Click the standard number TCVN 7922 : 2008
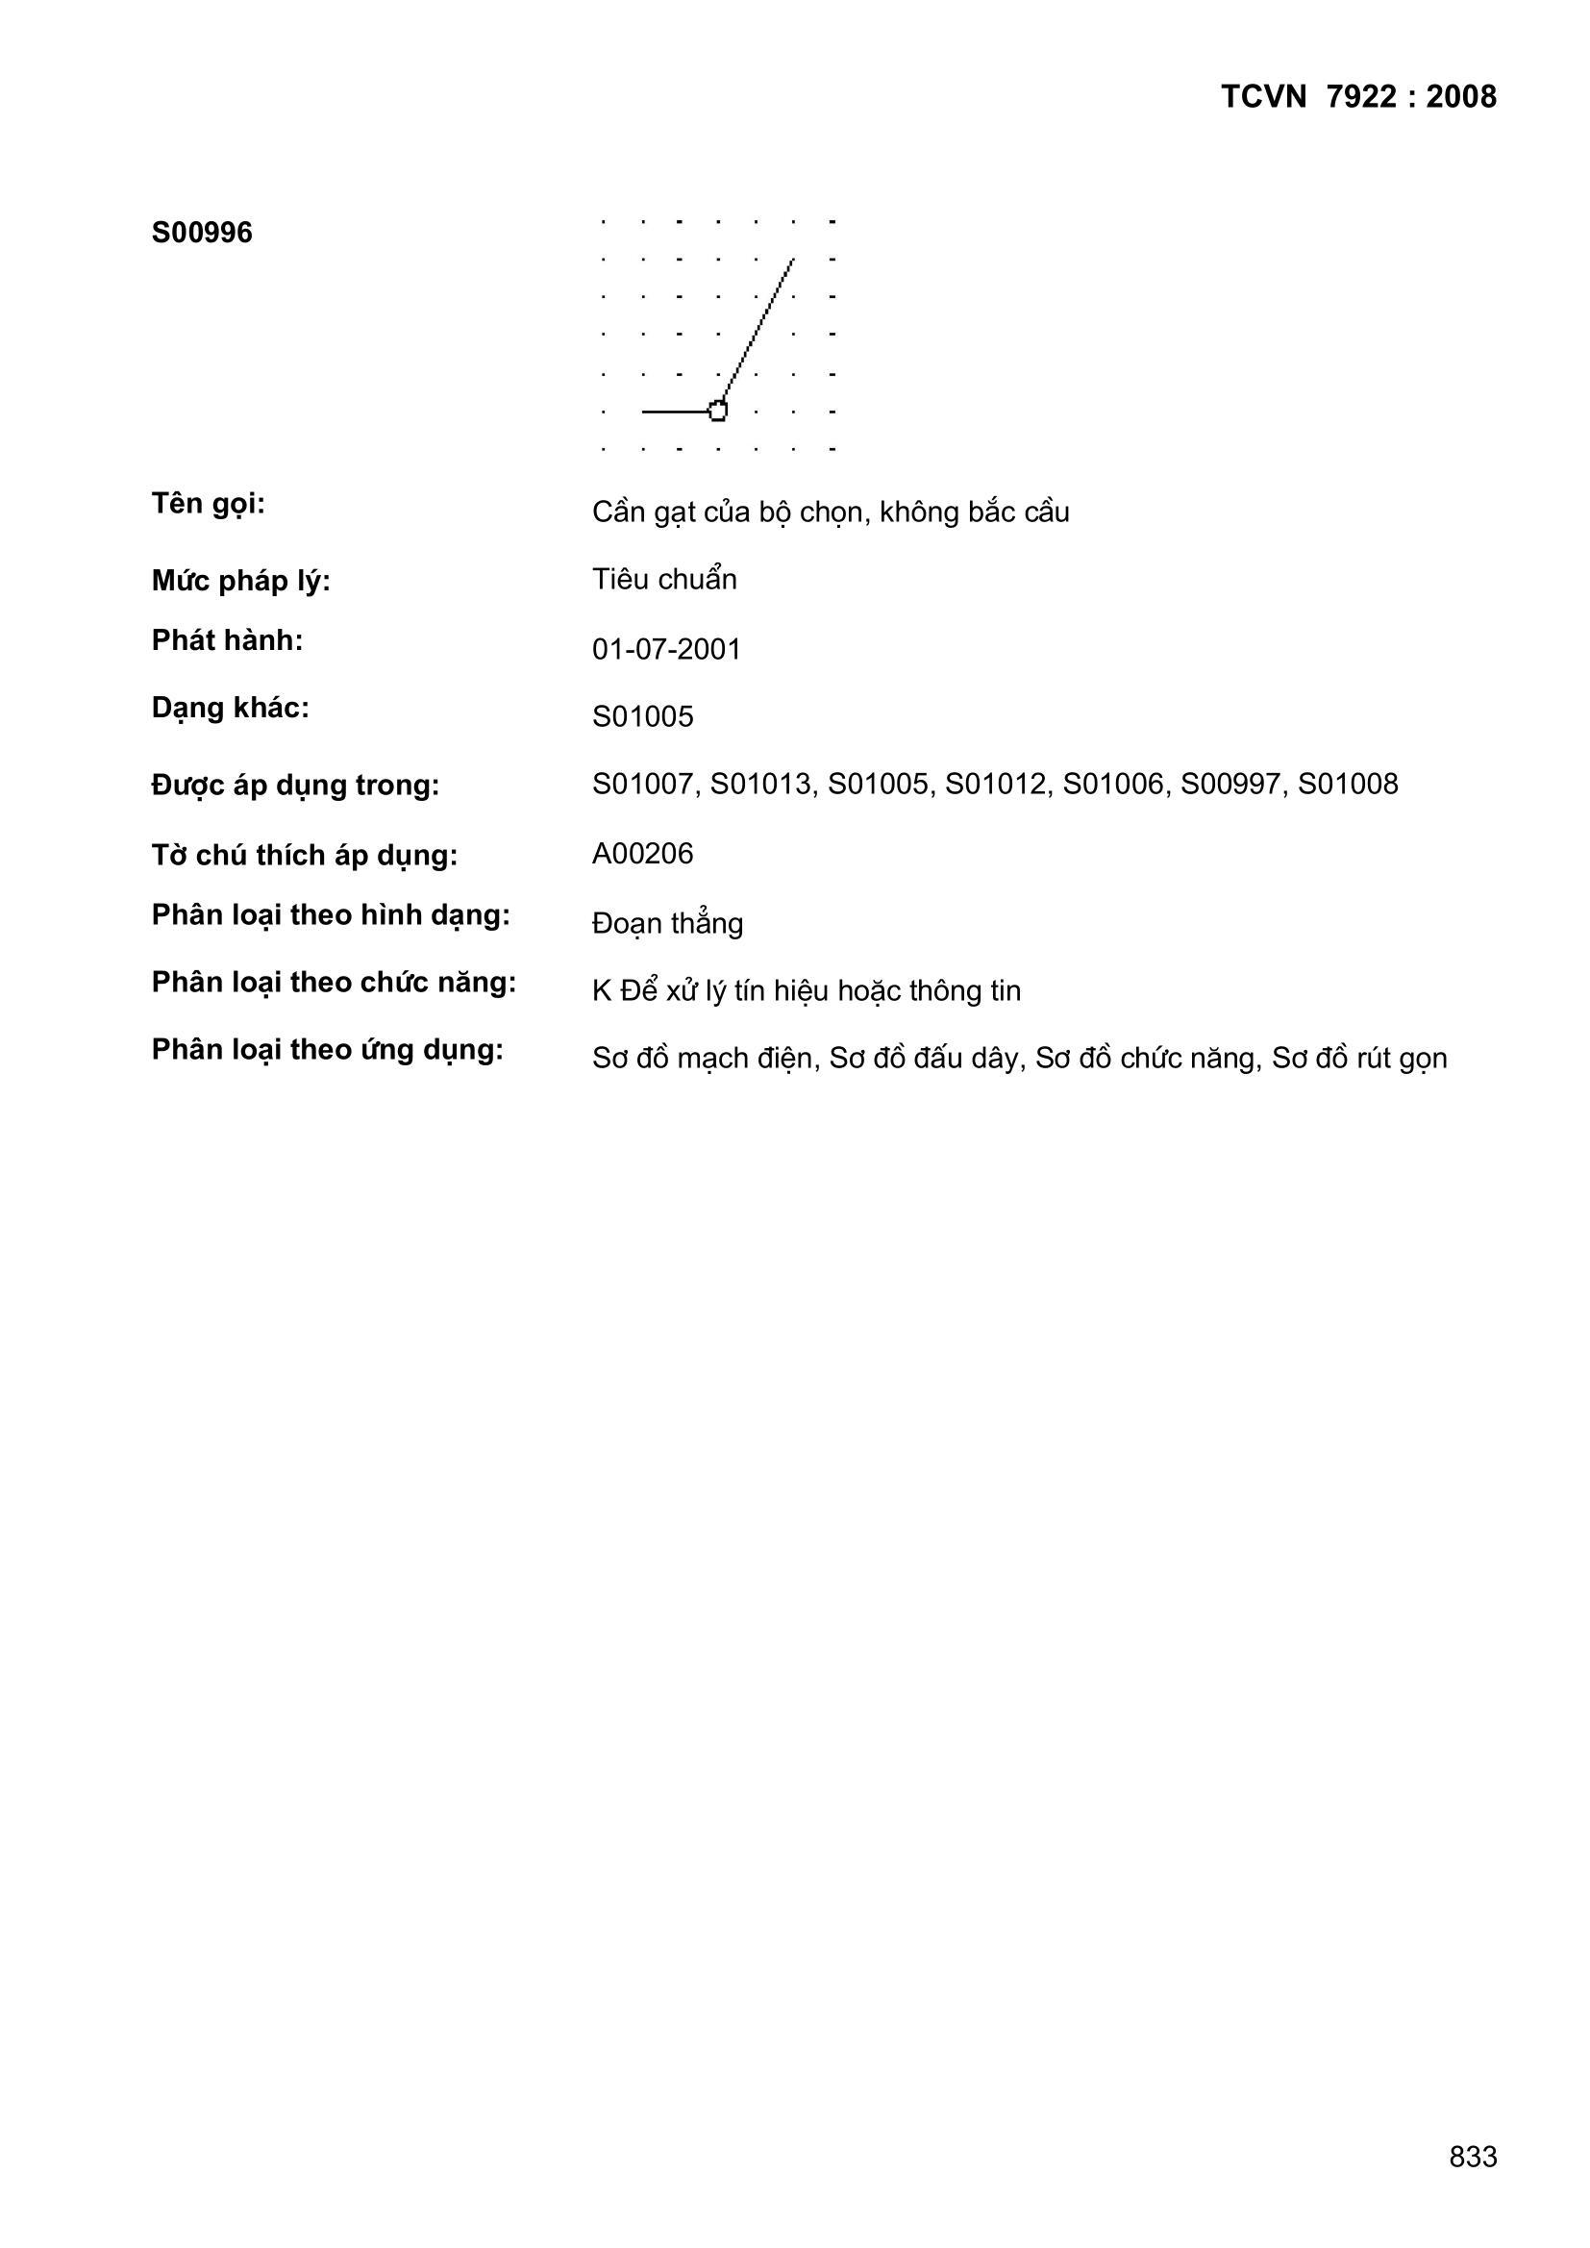1358,97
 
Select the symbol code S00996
202,233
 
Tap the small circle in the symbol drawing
718,412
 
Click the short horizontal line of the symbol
676,412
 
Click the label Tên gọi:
208,505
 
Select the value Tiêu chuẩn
664,580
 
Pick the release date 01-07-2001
666,649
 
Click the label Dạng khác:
230,708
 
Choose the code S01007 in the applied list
642,785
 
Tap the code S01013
759,785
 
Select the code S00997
1230,785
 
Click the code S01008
1348,785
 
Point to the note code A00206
642,854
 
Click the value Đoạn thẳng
667,923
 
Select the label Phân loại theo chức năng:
333,983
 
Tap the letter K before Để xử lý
601,992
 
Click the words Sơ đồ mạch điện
702,1059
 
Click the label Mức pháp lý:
241,582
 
